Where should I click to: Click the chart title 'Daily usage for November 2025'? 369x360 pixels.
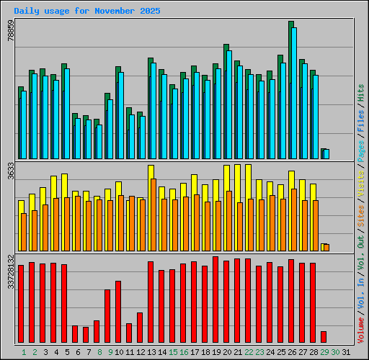pyautogui.click(x=87, y=12)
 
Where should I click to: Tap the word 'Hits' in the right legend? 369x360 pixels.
pyautogui.click(x=360, y=92)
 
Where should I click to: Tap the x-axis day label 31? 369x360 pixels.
pyautogui.click(x=346, y=352)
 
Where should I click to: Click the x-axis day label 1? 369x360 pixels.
pyautogui.click(x=24, y=352)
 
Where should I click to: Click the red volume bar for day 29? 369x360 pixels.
pyautogui.click(x=324, y=337)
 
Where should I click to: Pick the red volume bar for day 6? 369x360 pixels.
pyautogui.click(x=75, y=334)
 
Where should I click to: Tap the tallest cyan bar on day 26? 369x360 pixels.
pyautogui.click(x=294, y=94)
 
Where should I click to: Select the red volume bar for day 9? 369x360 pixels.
pyautogui.click(x=107, y=316)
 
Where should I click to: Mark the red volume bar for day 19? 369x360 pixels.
pyautogui.click(x=215, y=300)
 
